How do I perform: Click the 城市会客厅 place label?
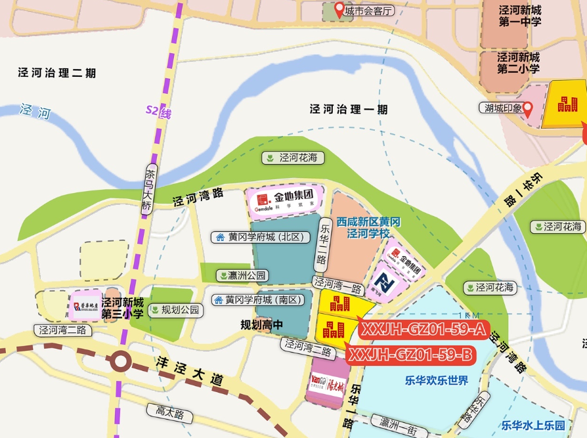click(370, 11)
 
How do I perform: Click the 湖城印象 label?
click(500, 108)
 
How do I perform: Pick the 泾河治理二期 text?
click(57, 73)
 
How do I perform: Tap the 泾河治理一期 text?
click(349, 110)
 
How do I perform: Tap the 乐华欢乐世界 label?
click(437, 380)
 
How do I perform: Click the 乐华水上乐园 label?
click(533, 425)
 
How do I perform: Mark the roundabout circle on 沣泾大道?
click(120, 361)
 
